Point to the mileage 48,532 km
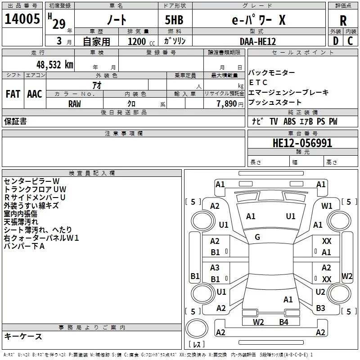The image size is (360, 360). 54,64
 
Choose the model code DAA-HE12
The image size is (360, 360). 258,41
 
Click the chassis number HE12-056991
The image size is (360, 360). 302,143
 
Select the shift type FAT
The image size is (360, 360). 13,94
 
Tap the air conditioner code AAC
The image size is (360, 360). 35,94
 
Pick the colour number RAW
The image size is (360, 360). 75,103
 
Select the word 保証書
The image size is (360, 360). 15,121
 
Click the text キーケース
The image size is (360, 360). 23,336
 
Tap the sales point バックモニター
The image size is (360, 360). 272,73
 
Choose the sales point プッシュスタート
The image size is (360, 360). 275,103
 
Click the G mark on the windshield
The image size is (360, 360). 257,237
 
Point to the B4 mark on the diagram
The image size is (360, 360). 283,322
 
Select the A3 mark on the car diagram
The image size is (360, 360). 215,268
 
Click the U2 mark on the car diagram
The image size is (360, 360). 320,292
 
